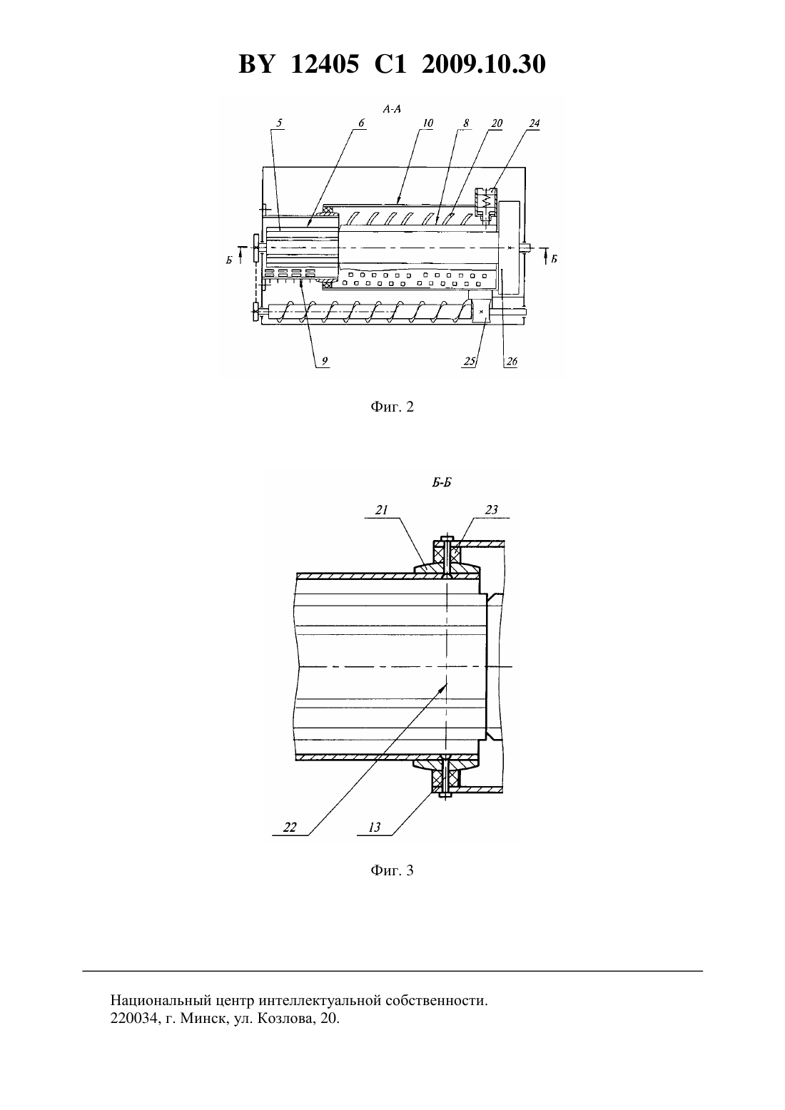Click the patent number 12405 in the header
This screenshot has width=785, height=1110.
(x=324, y=64)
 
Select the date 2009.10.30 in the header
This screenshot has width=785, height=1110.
(x=484, y=64)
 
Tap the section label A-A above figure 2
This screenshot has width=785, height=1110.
(x=392, y=109)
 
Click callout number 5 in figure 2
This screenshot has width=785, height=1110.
(x=280, y=123)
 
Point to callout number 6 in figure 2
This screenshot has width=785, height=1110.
(x=361, y=123)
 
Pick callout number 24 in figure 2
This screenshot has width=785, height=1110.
(x=534, y=123)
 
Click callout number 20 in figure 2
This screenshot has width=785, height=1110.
(x=497, y=123)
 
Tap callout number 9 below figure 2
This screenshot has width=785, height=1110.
(x=325, y=361)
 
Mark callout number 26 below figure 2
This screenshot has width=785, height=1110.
(x=512, y=361)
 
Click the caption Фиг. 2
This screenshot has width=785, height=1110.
(x=392, y=407)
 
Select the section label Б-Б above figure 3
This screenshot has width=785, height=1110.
(x=441, y=483)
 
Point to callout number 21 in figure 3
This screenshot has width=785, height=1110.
(x=381, y=509)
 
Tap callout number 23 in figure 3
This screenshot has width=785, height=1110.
(x=491, y=509)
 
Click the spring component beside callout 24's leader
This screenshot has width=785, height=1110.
(x=487, y=201)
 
